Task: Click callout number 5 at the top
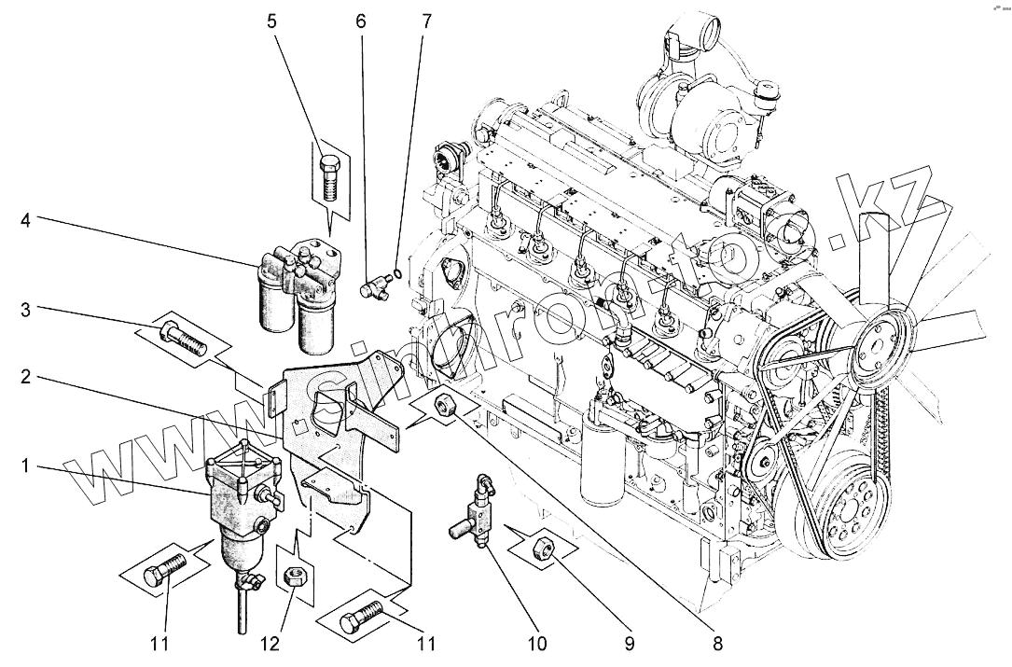tap(272, 21)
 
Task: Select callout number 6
tap(361, 21)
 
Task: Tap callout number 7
tap(426, 21)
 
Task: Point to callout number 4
tap(26, 221)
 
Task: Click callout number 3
tap(26, 309)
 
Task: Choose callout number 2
tap(26, 378)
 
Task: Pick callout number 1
tap(26, 463)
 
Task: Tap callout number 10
tap(538, 643)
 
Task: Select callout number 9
tap(629, 643)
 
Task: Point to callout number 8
tap(716, 643)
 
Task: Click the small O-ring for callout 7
tap(397, 273)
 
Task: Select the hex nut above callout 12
tap(290, 577)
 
